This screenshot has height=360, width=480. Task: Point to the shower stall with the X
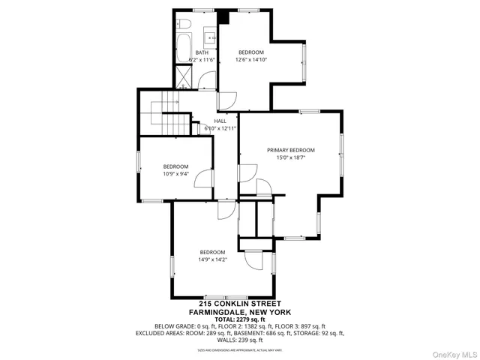click(183, 75)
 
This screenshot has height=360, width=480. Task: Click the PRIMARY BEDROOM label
click(290, 150)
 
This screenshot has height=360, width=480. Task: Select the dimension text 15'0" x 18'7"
click(290, 157)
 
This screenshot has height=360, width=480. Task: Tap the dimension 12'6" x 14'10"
click(251, 59)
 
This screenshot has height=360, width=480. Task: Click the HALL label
click(220, 121)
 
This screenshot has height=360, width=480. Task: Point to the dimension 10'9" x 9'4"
click(175, 173)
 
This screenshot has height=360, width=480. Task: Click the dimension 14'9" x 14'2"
click(212, 259)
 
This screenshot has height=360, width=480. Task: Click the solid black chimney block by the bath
click(223, 17)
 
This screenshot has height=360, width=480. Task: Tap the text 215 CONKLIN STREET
click(239, 304)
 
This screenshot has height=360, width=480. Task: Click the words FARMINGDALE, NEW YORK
click(239, 311)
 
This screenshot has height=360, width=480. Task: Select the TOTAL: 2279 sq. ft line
click(239, 319)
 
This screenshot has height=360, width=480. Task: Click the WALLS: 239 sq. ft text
click(239, 340)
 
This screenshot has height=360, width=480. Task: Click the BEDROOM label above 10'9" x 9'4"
click(175, 166)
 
